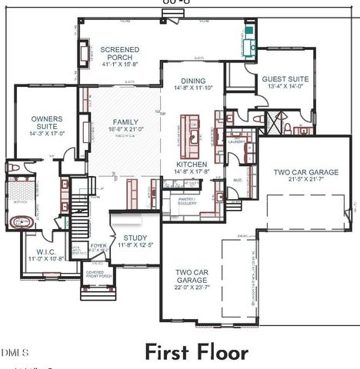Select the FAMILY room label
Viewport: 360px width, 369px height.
point(125,122)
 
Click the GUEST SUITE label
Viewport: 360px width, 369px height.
point(285,78)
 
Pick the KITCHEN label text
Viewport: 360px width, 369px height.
point(192,165)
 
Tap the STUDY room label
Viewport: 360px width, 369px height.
point(135,238)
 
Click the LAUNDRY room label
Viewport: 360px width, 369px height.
point(235,141)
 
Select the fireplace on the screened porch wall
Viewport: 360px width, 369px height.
point(82,53)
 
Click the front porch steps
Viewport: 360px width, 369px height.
point(98,293)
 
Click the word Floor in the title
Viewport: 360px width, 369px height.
point(220,353)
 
